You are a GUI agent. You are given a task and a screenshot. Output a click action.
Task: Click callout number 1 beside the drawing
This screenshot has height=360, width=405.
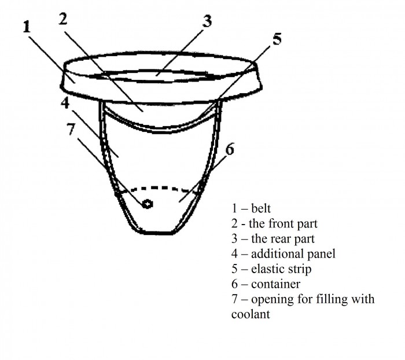[x=27, y=27]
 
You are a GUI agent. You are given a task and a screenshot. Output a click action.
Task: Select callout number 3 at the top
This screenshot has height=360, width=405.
[x=207, y=21]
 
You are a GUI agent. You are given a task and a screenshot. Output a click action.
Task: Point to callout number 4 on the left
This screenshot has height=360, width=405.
[x=65, y=103]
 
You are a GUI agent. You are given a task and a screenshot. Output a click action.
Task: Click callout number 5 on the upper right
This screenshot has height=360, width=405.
[x=277, y=39]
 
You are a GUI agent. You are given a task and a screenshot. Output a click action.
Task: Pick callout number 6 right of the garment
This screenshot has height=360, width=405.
[x=230, y=149]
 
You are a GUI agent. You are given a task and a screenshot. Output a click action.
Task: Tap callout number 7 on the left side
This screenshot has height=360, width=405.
[x=71, y=129]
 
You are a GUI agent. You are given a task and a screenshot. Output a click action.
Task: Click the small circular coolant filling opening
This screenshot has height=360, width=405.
[x=147, y=204]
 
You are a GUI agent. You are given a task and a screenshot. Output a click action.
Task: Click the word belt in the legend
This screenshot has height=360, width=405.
[x=261, y=208]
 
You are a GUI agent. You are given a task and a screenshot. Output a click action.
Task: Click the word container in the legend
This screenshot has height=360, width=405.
[x=275, y=284]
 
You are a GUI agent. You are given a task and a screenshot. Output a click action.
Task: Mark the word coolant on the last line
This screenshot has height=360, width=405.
[x=251, y=314]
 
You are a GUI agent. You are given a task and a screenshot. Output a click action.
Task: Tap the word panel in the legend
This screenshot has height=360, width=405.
[x=323, y=254]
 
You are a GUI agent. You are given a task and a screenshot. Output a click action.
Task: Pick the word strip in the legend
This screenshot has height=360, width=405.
[x=300, y=269]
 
